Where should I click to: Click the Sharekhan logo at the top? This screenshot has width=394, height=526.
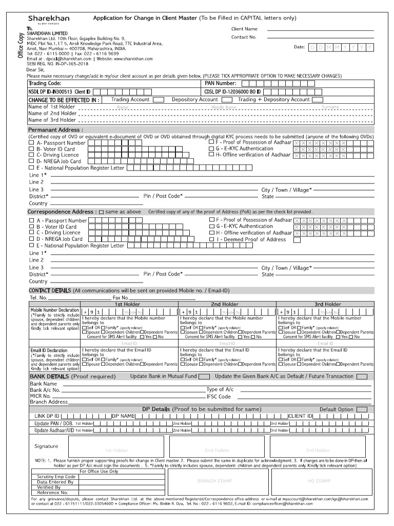(49, 19)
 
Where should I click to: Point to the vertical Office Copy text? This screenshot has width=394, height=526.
(21, 45)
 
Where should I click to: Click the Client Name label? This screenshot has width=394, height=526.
(244, 29)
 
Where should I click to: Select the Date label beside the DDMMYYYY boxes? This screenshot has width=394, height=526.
(300, 47)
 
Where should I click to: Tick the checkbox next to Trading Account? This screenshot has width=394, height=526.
(158, 100)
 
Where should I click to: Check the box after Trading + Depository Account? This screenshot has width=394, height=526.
(318, 100)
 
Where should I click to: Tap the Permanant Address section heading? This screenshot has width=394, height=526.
(55, 130)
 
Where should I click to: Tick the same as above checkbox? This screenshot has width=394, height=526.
(101, 212)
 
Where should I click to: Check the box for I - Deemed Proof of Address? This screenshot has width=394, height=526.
(297, 239)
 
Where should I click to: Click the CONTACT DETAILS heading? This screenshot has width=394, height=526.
(50, 291)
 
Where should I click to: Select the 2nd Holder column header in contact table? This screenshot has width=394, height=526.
(225, 304)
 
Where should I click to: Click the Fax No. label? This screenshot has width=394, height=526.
(121, 297)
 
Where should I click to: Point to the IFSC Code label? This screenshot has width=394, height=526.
(219, 397)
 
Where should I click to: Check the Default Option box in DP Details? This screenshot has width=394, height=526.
(362, 409)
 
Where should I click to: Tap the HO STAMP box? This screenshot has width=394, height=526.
(319, 481)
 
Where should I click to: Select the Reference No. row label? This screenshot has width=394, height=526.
(53, 493)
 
